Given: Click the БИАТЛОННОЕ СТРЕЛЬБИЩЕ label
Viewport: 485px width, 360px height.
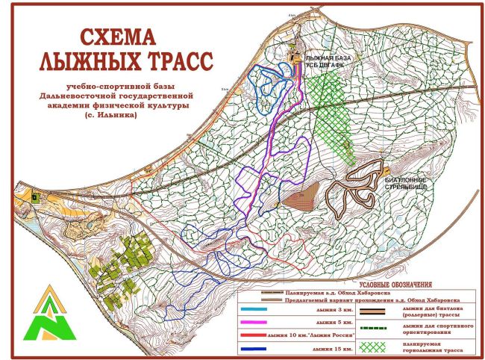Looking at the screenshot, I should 407,184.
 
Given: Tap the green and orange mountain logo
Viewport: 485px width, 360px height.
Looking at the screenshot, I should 46,313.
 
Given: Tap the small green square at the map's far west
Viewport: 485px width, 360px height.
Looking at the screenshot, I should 33,196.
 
